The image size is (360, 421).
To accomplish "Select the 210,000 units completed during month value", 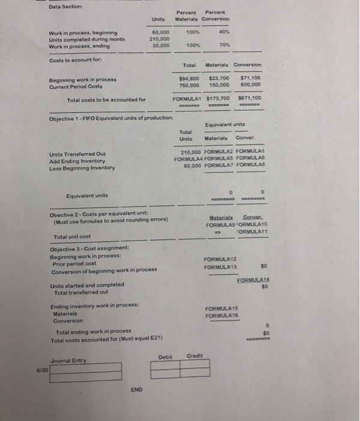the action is (x=159, y=39).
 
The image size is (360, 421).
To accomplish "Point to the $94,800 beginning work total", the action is (x=190, y=78).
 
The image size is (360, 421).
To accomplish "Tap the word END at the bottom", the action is (x=136, y=389).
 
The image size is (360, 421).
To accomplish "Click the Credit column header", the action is (x=195, y=356).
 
